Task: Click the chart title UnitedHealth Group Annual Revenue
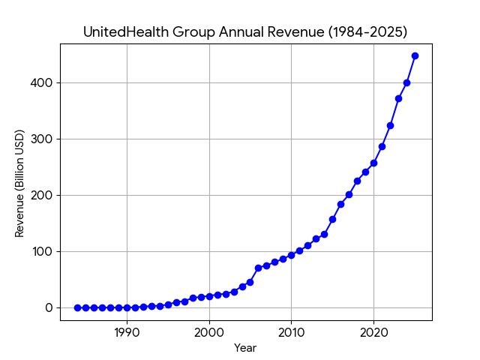point(245,32)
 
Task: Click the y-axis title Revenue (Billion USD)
point(20,183)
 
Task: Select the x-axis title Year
point(245,348)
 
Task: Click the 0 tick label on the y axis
point(49,307)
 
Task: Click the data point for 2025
point(415,55)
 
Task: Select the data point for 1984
point(77,307)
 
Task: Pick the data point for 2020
point(373,163)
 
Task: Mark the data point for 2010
point(291,255)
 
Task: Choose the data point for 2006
point(258,268)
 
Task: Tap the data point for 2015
point(332,219)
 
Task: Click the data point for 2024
point(406,82)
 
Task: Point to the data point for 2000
point(209,296)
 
